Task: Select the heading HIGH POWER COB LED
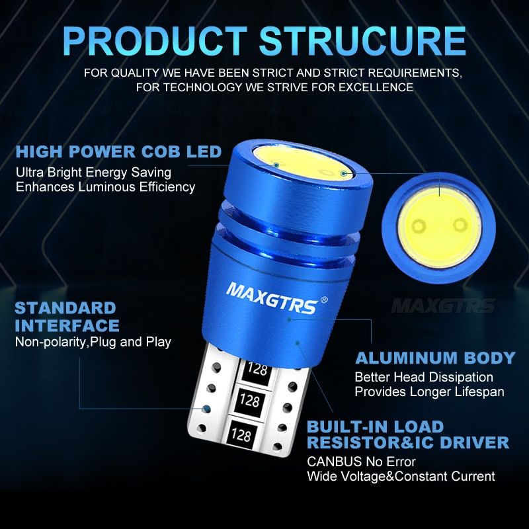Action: click(118, 151)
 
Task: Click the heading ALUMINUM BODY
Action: click(435, 358)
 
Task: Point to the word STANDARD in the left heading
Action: click(65, 308)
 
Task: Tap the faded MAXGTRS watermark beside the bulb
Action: click(443, 306)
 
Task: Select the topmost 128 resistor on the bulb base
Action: click(257, 369)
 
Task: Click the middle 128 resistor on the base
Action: click(250, 401)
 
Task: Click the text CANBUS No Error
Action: click(361, 462)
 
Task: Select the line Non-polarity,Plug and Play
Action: click(93, 342)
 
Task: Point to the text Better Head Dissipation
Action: click(424, 377)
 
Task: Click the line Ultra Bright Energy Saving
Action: click(93, 173)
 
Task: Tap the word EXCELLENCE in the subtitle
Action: click(376, 87)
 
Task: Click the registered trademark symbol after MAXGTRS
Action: click(323, 300)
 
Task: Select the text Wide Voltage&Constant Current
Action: click(401, 476)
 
